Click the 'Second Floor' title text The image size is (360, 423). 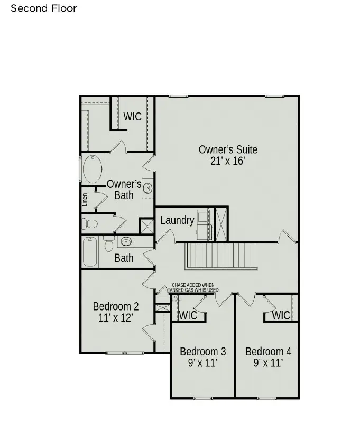coord(44,8)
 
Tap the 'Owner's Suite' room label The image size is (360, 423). coord(228,149)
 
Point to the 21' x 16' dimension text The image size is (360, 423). coord(228,162)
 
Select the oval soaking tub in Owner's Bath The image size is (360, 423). coord(93,169)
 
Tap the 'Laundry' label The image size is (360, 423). coord(177,220)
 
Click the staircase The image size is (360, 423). coord(220,256)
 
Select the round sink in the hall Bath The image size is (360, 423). coord(126,242)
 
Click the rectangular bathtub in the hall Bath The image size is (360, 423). coord(90,252)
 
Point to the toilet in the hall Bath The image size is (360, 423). coord(109,244)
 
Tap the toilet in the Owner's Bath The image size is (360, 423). coord(90,224)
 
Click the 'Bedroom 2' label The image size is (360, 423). coord(116,306)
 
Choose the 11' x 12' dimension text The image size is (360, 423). coord(116,318)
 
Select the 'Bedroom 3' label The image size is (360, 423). coord(203,352)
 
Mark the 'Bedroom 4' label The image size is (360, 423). coord(268,352)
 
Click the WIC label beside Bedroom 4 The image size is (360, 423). coord(281,315)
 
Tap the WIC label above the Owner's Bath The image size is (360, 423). coord(132,116)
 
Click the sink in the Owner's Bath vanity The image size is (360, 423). coord(147,188)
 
